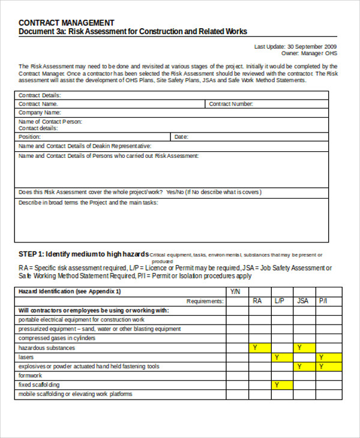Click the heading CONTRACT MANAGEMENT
click(67, 23)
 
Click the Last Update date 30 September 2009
click(312, 46)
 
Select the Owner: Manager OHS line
click(309, 53)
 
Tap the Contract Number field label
click(231, 104)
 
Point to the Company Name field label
click(40, 112)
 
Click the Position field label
click(30, 137)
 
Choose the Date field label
click(181, 137)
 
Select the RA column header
click(257, 301)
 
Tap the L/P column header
click(280, 301)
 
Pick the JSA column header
click(303, 301)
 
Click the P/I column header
click(323, 301)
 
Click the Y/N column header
click(236, 291)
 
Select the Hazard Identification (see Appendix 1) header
click(70, 291)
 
